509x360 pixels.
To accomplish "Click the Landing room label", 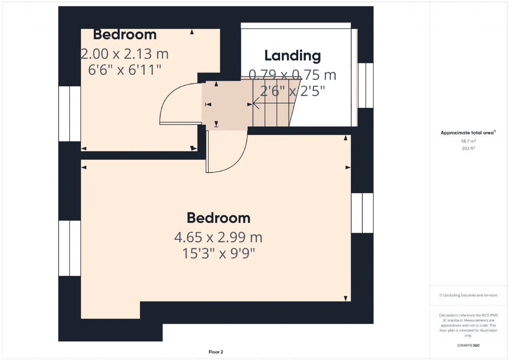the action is click(x=292, y=56).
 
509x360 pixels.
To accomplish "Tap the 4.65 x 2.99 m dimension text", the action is click(x=218, y=237).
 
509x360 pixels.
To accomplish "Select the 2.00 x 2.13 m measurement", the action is click(x=124, y=54).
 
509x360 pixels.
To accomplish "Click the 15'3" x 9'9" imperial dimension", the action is click(x=219, y=253).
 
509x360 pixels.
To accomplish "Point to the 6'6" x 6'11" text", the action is click(x=124, y=70).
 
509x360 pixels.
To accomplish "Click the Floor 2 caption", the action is click(x=216, y=352).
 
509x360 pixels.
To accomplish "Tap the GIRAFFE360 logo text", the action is click(x=468, y=345).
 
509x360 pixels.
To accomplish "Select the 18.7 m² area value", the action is click(x=468, y=141).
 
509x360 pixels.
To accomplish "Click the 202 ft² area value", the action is click(x=468, y=148).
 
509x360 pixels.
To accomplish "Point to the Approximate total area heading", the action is click(x=468, y=132).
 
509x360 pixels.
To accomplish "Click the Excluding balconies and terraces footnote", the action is click(x=468, y=295).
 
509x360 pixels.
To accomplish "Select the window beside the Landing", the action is click(x=365, y=86).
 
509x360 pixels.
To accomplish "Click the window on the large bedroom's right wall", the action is click(x=362, y=213).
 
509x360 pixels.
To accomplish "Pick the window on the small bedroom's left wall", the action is click(x=70, y=114).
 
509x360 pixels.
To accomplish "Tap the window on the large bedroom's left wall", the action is click(x=70, y=248).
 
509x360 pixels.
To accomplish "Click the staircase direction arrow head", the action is click(x=254, y=103).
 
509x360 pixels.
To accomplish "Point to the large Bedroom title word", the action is click(x=219, y=218).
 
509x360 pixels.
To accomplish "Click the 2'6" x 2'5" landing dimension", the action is click(x=292, y=91).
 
